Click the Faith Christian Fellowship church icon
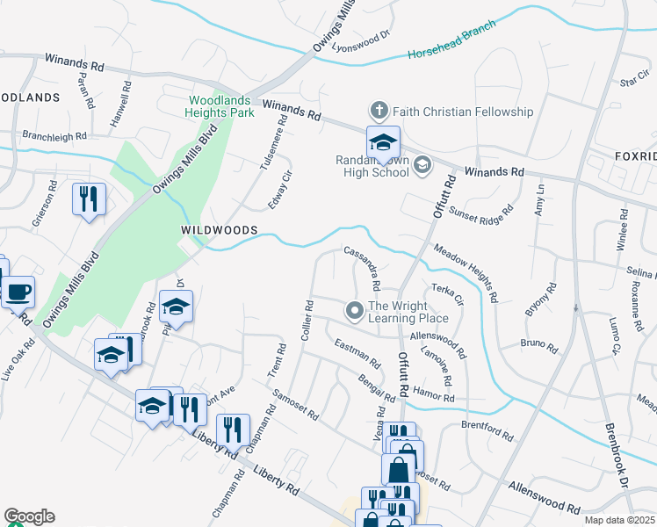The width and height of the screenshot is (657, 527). (x=379, y=111)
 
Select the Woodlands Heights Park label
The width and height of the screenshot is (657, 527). (x=220, y=106)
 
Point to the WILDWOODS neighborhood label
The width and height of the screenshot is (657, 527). (x=219, y=229)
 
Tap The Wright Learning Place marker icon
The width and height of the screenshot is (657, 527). (x=355, y=310)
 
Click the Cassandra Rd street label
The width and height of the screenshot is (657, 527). (x=363, y=267)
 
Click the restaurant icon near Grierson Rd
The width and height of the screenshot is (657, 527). (x=89, y=199)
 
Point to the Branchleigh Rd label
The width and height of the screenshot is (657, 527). (x=54, y=137)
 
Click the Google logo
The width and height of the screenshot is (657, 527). (x=29, y=516)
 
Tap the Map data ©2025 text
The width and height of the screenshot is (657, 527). (x=620, y=520)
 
